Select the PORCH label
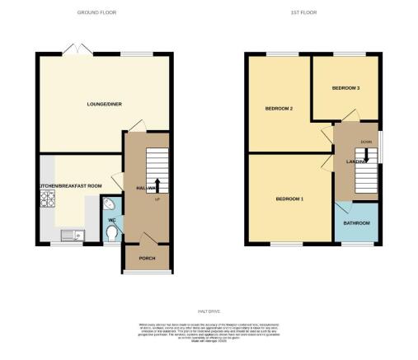pyautogui.click(x=147, y=259)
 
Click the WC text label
pyautogui.click(x=112, y=220)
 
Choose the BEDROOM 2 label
pyautogui.click(x=279, y=109)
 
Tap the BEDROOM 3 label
pyautogui.click(x=345, y=87)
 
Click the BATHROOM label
pyautogui.click(x=357, y=223)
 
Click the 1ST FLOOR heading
pyautogui.click(x=304, y=13)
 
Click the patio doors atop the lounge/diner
pyautogui.click(x=79, y=52)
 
